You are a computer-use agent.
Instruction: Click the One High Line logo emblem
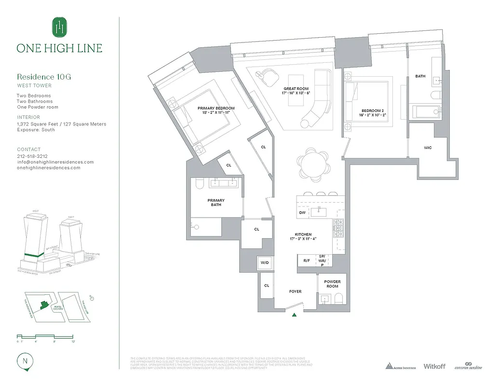tap(59, 27)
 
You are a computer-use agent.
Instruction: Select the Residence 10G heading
tap(44, 77)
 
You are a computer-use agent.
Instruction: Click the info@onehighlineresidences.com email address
tap(55, 162)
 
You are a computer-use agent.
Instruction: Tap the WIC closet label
tap(428, 148)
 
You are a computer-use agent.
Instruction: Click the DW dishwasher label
tap(302, 212)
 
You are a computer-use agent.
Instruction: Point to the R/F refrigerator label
tap(306, 260)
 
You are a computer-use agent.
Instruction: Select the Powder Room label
tap(332, 284)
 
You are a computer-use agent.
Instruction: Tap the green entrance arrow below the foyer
tap(294, 315)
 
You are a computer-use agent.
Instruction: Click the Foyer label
tap(295, 291)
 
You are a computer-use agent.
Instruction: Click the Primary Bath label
tap(216, 202)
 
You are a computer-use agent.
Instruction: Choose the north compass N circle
tap(24, 360)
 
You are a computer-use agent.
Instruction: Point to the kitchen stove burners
tap(338, 229)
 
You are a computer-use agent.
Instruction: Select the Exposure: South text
tap(36, 130)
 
